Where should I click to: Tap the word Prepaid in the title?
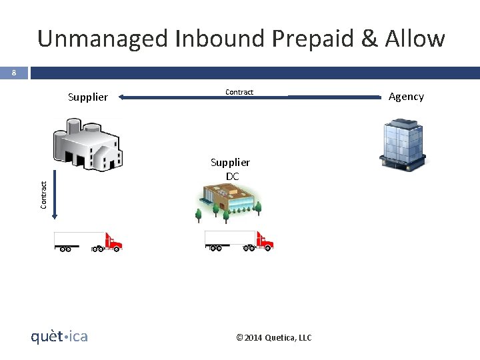pos(313,39)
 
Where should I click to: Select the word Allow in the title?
pos(415,39)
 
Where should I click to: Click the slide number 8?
pos(13,73)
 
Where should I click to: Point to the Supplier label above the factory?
pos(87,97)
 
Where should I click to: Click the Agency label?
pos(406,97)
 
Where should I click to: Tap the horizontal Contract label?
pos(239,92)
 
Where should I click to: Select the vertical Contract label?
pos(43,194)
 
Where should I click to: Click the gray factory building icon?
pos(87,144)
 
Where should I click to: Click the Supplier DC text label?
pos(231,169)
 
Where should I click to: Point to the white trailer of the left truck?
pos(77,238)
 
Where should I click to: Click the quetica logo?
pos(59,337)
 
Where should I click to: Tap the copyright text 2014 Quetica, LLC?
pos(274,338)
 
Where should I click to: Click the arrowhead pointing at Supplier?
pos(124,98)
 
